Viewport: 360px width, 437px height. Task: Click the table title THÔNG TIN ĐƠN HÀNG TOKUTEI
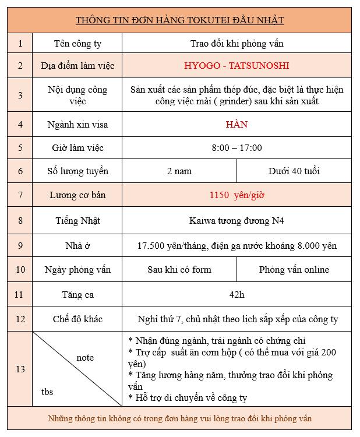[x=179, y=20]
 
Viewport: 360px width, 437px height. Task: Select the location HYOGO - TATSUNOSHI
[x=237, y=66]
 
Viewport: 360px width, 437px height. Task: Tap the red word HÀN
[x=237, y=124]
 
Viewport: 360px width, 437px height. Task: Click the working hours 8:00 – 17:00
[x=237, y=148]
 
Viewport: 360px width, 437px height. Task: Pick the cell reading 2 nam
[x=179, y=171]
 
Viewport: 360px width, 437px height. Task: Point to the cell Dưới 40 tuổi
[x=294, y=171]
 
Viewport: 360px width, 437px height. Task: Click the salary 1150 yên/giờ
[x=237, y=195]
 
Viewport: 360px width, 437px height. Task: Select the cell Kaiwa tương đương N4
[x=237, y=221]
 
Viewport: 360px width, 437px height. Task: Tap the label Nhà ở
[x=77, y=246]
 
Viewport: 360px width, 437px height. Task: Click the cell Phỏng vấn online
[x=294, y=270]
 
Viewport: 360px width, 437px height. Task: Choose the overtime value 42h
[x=237, y=295]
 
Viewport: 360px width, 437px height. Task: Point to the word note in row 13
[x=85, y=357]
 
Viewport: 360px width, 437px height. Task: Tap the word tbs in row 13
[x=47, y=392]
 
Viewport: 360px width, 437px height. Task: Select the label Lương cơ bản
[x=77, y=195]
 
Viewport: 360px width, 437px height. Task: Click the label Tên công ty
[x=77, y=43]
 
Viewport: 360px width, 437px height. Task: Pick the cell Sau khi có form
[x=179, y=270]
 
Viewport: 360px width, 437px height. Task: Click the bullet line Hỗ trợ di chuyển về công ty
[x=188, y=398]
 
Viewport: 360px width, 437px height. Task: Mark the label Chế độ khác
[x=77, y=319]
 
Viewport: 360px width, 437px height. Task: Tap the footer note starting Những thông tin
[x=179, y=418]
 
